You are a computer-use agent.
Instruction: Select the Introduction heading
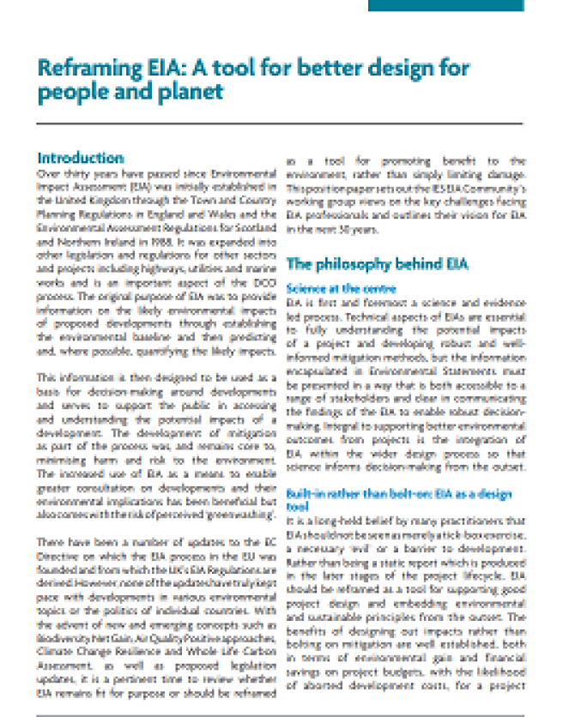click(81, 158)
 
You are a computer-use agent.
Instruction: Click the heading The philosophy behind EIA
click(377, 264)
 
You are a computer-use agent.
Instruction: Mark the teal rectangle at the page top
click(445, 5)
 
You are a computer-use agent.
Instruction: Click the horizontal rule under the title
click(280, 124)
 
